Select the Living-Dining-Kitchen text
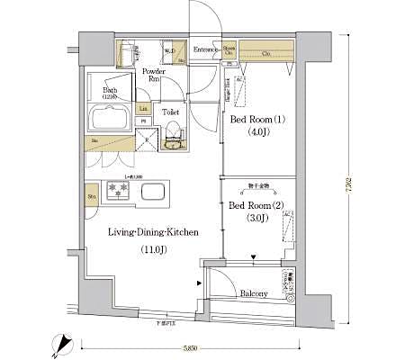pos(152,232)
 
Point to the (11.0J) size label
pos(150,249)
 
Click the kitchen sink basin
pos(152,190)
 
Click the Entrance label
pos(206,49)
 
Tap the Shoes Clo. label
pos(230,49)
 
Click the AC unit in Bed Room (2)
pos(287,227)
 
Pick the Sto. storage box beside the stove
pos(91,194)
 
